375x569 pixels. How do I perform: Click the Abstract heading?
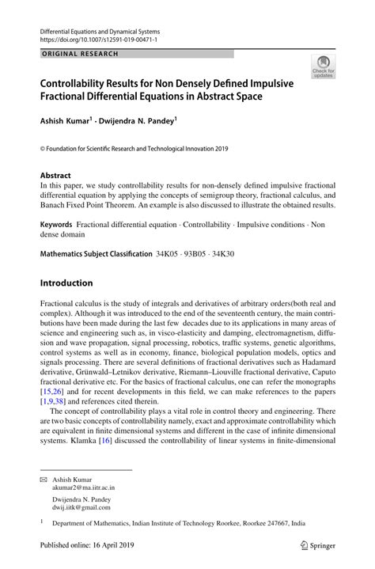tap(55, 176)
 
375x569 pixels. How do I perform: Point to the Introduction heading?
tap(66, 283)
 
